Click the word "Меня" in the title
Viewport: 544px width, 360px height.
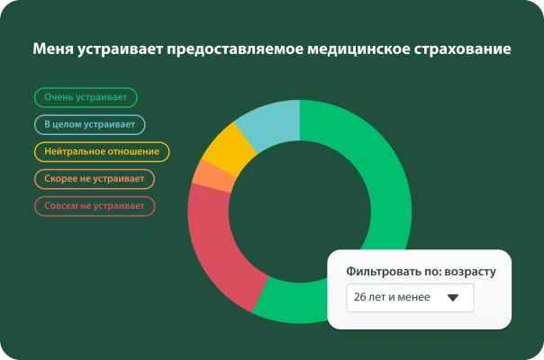click(51, 49)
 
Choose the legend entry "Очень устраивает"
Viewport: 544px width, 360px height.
click(86, 97)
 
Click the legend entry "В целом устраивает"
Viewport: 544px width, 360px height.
click(90, 124)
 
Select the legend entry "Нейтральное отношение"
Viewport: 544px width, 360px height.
click(102, 152)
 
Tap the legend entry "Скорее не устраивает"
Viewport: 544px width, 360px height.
click(95, 179)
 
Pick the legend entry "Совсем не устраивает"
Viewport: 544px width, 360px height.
click(95, 206)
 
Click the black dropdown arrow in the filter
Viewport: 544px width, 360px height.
click(453, 297)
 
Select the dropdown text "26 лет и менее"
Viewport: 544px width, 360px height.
click(393, 297)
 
